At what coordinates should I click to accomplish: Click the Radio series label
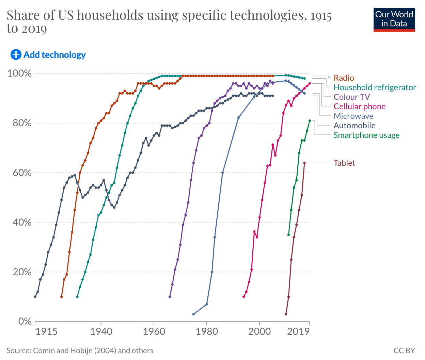click(344, 78)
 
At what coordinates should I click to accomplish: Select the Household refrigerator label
click(375, 87)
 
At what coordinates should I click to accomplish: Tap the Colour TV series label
click(351, 97)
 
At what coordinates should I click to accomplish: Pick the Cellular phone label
click(359, 107)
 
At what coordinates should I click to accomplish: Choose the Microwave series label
click(353, 116)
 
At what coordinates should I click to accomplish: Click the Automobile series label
click(354, 126)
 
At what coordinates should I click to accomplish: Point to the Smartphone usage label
click(366, 135)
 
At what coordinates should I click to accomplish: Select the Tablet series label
click(344, 163)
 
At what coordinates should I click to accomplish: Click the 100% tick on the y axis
click(19, 73)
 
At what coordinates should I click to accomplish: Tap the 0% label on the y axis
click(25, 322)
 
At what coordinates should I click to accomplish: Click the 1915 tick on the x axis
click(46, 331)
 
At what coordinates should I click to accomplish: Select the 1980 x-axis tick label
click(207, 331)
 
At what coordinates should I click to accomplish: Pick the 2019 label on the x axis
click(298, 331)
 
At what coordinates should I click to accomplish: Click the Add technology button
click(48, 54)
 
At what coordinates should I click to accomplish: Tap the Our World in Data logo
click(394, 20)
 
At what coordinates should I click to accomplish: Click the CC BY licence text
click(404, 350)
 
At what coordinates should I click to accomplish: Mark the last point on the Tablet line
click(304, 163)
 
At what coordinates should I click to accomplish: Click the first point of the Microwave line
click(193, 314)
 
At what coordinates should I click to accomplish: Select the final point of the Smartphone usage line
click(310, 120)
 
